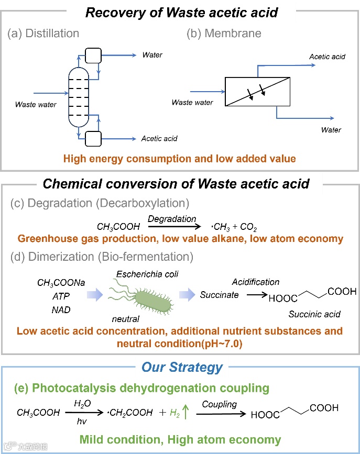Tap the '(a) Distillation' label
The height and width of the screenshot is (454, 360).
tap(43, 34)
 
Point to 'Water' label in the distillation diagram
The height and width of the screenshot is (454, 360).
tap(152, 55)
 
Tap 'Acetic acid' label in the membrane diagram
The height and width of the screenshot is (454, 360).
tap(327, 57)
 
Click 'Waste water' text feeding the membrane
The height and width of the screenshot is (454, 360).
tap(192, 102)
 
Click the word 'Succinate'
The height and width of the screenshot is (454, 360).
tap(219, 295)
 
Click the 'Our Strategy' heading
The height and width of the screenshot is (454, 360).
tap(182, 367)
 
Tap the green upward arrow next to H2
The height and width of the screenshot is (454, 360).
tap(186, 412)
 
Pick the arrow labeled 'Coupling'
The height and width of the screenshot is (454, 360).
tap(220, 412)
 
